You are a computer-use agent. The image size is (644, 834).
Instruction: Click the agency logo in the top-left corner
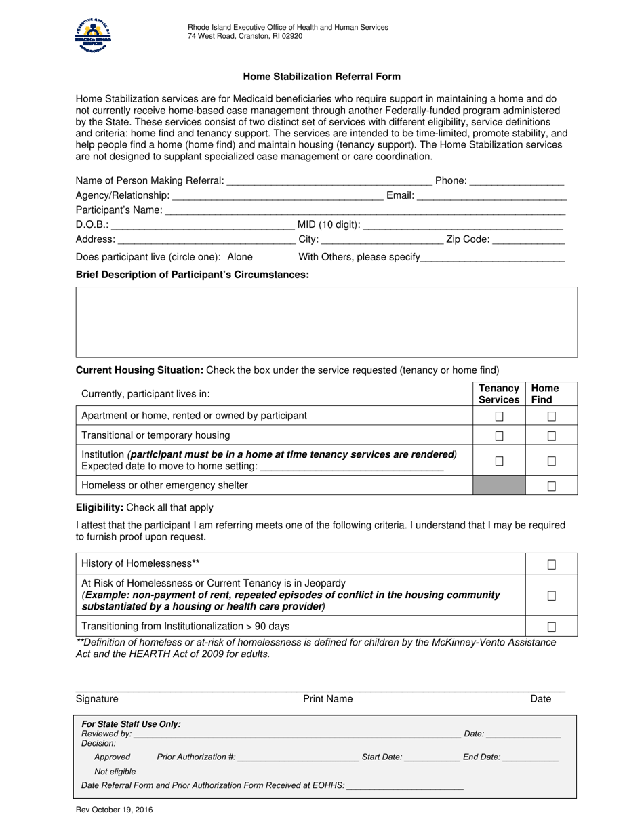pos(94,36)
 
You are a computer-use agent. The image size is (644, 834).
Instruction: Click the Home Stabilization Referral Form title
pos(322,77)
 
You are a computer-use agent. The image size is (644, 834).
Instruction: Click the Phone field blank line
pos(517,182)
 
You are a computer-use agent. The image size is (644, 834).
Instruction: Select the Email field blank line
pos(491,197)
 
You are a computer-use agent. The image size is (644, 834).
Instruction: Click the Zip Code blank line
pos(529,241)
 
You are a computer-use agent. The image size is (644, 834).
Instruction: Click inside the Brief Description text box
pos(326,321)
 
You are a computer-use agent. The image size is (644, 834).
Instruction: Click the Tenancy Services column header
pos(499,394)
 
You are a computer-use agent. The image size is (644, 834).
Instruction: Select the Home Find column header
pos(545,394)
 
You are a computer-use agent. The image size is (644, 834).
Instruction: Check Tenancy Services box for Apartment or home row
pos(500,416)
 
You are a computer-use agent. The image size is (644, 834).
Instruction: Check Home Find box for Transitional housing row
pos(552,436)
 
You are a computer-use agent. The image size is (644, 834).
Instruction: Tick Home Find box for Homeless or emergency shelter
pos(552,486)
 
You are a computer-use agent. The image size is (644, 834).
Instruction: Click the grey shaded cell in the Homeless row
pos(499,485)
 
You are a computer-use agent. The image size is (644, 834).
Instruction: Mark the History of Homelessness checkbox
pos(552,564)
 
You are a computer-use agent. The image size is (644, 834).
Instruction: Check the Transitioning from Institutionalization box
pos(552,627)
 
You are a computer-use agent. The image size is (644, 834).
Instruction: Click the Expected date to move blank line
pos(351,467)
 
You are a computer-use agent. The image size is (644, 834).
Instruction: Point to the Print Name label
pos(327,699)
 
